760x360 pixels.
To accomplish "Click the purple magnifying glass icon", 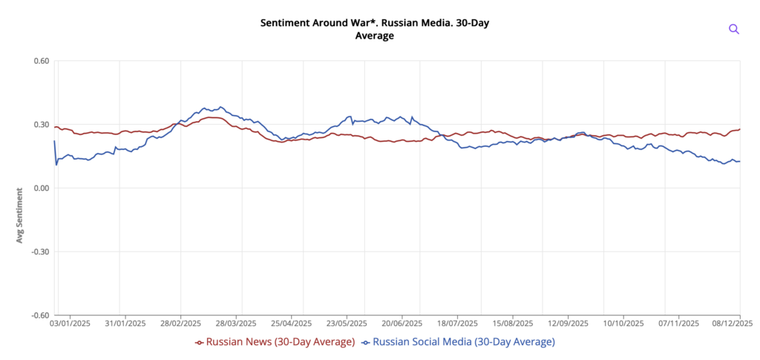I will pos(734,29).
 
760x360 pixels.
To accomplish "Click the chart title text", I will pos(375,29).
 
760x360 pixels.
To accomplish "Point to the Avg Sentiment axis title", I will pos(19,215).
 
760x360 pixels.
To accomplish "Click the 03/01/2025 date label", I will pos(71,324).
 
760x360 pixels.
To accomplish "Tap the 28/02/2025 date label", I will pos(180,324).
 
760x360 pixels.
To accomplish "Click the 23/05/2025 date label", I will pos(347,324).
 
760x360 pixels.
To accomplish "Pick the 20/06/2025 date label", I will pos(402,324).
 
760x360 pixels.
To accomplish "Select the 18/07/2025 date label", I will pos(457,324).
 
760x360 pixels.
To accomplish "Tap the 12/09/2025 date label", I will pos(569,324).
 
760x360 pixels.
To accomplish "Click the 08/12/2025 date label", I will pos(732,324).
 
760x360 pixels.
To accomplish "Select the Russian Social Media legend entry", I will pos(458,342).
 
